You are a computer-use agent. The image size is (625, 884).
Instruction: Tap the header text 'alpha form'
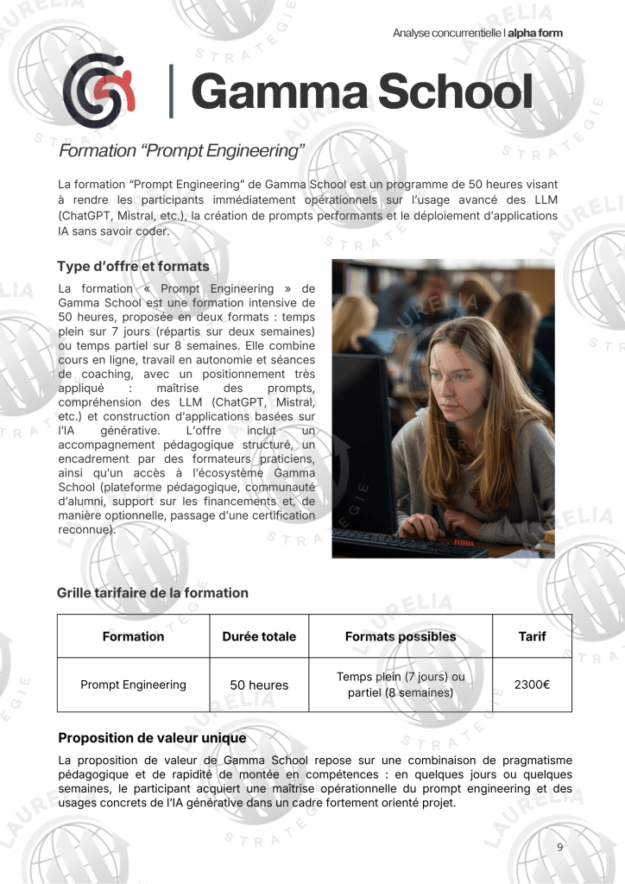(x=535, y=33)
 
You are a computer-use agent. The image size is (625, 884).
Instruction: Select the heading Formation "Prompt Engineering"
(x=182, y=152)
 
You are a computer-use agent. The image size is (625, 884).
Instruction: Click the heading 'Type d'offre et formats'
(x=133, y=266)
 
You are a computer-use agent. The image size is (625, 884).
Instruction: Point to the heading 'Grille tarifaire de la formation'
(x=153, y=592)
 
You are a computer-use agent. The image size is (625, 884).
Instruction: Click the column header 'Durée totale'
(x=259, y=636)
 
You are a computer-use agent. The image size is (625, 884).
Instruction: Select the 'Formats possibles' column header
(x=401, y=636)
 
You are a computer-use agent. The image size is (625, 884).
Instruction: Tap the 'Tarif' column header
(x=532, y=636)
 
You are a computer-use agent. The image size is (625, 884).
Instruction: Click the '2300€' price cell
(x=532, y=685)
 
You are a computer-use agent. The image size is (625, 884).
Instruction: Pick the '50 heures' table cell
(x=259, y=685)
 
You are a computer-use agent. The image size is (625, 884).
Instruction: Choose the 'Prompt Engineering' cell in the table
(x=133, y=685)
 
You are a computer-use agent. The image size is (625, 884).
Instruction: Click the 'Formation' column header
(x=133, y=636)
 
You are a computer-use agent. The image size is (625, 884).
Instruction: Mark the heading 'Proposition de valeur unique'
(x=152, y=738)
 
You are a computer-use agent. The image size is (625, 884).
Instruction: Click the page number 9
(x=559, y=847)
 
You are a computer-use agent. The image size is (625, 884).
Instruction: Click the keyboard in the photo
(x=406, y=541)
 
